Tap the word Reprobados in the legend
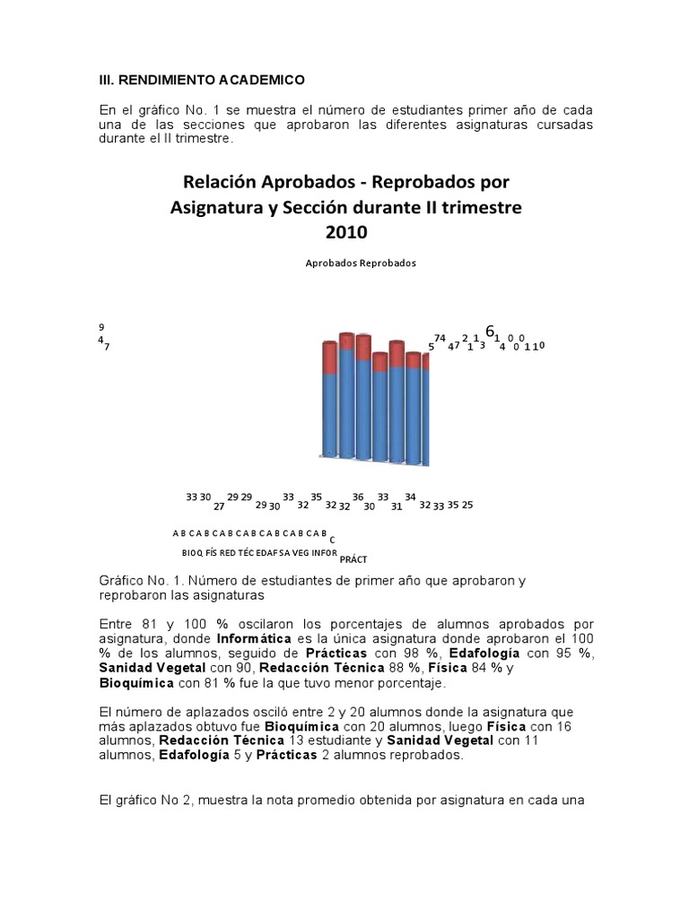point(388,264)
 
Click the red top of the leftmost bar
point(329,357)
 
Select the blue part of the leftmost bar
point(329,412)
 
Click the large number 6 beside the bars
point(489,331)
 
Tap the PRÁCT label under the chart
point(353,559)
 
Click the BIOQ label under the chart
point(192,552)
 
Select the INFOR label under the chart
point(324,552)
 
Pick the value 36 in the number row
point(358,497)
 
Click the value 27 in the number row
point(218,506)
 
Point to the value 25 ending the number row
point(467,505)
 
